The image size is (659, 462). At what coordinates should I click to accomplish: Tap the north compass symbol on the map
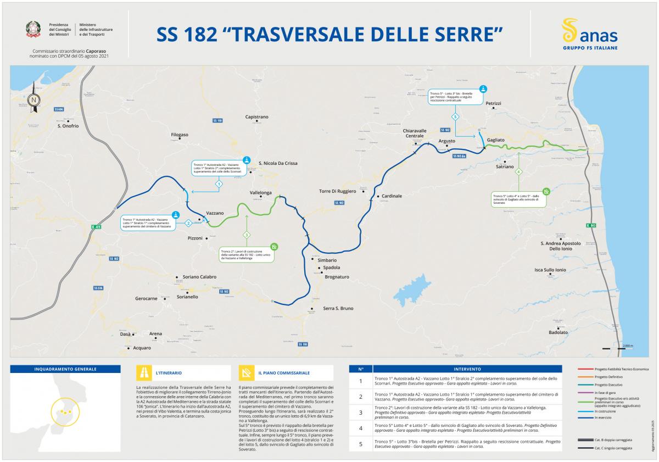coord(34,99)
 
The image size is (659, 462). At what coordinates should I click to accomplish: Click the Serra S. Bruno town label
coord(338,308)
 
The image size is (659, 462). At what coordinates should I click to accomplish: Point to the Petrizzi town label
coord(493,103)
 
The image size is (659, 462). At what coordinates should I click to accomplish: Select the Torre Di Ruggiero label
coord(338,191)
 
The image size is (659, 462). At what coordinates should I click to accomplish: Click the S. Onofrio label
coord(68,126)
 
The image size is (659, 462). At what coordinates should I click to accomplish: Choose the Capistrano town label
coord(256,117)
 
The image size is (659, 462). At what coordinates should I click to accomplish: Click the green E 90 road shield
coord(590,226)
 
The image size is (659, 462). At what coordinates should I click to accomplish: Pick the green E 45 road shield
coord(97,226)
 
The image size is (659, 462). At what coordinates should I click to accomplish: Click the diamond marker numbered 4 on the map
coord(518,172)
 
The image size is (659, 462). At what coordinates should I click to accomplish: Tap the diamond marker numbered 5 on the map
coord(455,117)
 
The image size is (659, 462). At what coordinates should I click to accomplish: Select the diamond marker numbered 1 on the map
coord(219,184)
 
